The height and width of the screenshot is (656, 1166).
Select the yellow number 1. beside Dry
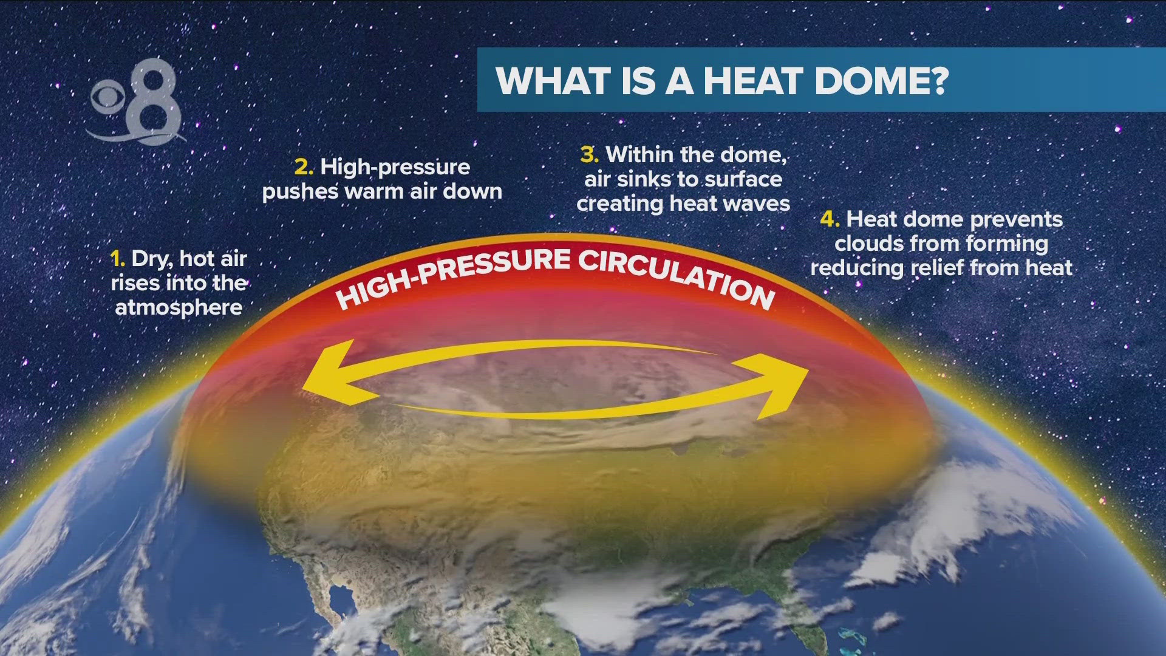[118, 259]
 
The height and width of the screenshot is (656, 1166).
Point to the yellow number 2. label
[304, 167]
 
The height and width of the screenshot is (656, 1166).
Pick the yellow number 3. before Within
[589, 155]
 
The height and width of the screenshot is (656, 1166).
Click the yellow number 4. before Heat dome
[830, 219]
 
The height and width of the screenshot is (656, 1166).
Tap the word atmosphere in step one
[179, 308]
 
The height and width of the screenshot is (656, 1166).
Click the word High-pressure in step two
[395, 167]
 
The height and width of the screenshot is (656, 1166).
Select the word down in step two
[472, 192]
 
